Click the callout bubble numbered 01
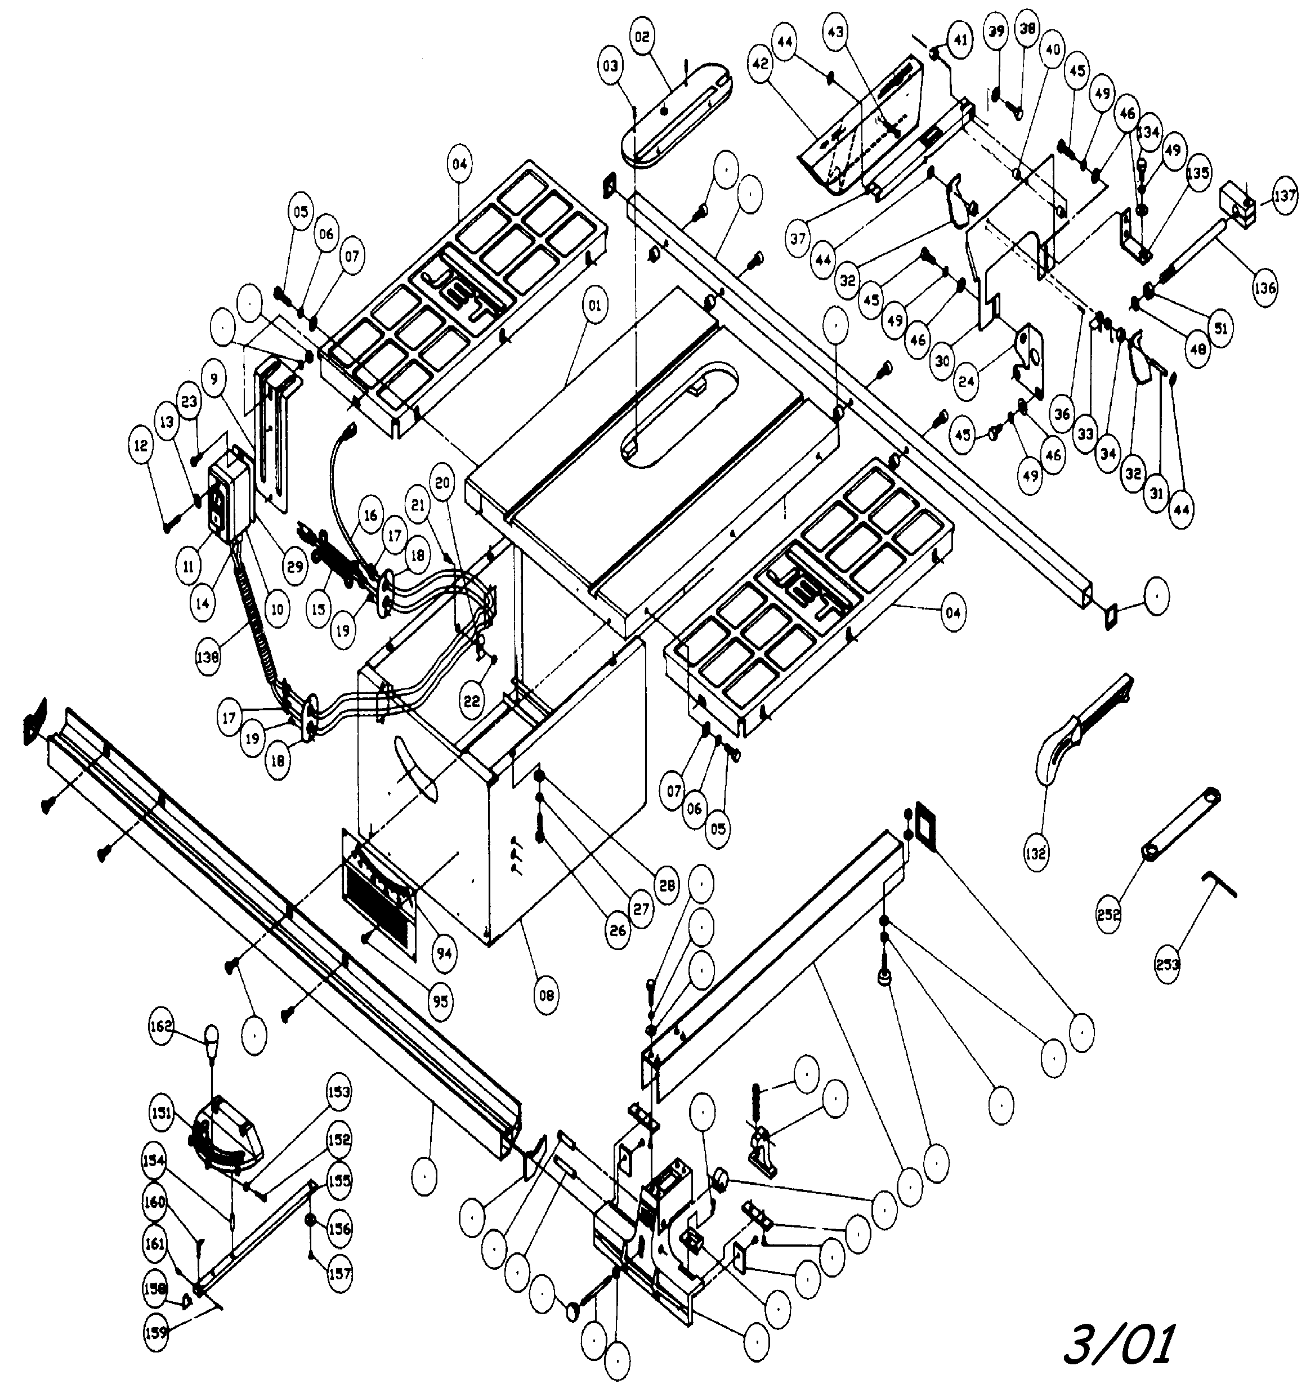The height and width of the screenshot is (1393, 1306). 594,306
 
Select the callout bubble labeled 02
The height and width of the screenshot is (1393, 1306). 643,37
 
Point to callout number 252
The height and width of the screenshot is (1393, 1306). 1109,915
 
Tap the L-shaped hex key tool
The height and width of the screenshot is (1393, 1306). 1218,884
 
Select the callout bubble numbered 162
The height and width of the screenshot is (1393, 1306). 160,1027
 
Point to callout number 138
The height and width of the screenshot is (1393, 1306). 208,657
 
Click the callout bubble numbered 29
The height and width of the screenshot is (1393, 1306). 295,566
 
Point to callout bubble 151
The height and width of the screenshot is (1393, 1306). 162,1112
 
